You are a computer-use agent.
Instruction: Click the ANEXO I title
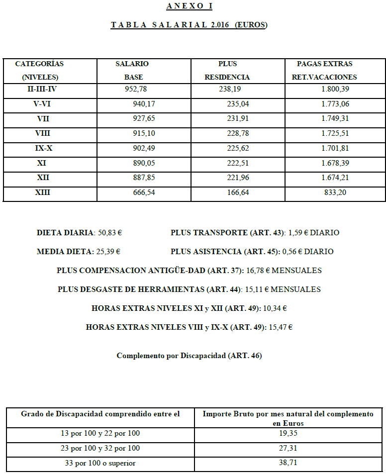[189, 6]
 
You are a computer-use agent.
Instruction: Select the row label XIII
[43, 192]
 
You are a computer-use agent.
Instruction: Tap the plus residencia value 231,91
[238, 119]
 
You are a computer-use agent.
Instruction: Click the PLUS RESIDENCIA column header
[227, 70]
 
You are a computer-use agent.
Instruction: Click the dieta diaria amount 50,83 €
[108, 233]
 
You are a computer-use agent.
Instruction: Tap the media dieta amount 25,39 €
[108, 252]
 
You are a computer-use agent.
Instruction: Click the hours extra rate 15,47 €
[281, 327]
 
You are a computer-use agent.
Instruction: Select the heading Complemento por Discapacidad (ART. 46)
[189, 356]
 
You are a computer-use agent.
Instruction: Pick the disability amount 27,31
[288, 449]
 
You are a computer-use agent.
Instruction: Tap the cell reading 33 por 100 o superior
[100, 464]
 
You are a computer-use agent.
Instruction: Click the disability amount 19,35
[288, 434]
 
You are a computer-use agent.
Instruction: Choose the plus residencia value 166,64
[238, 192]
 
